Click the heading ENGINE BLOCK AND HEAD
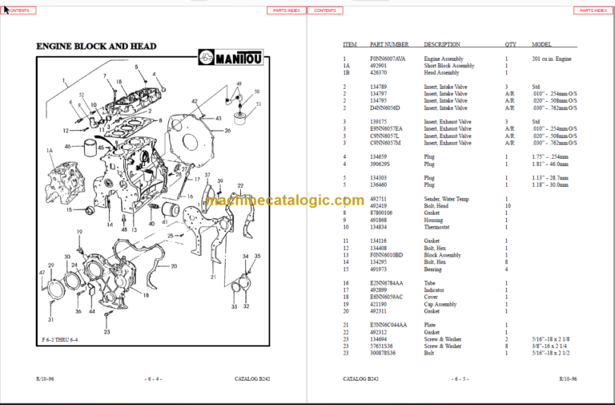click(96, 47)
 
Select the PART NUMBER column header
click(389, 45)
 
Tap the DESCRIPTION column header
click(442, 45)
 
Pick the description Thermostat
click(438, 227)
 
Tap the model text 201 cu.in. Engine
click(552, 59)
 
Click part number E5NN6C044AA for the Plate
click(388, 324)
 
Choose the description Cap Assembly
click(440, 305)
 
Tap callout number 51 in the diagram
click(258, 104)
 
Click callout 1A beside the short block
click(49, 150)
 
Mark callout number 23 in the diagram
click(107, 331)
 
